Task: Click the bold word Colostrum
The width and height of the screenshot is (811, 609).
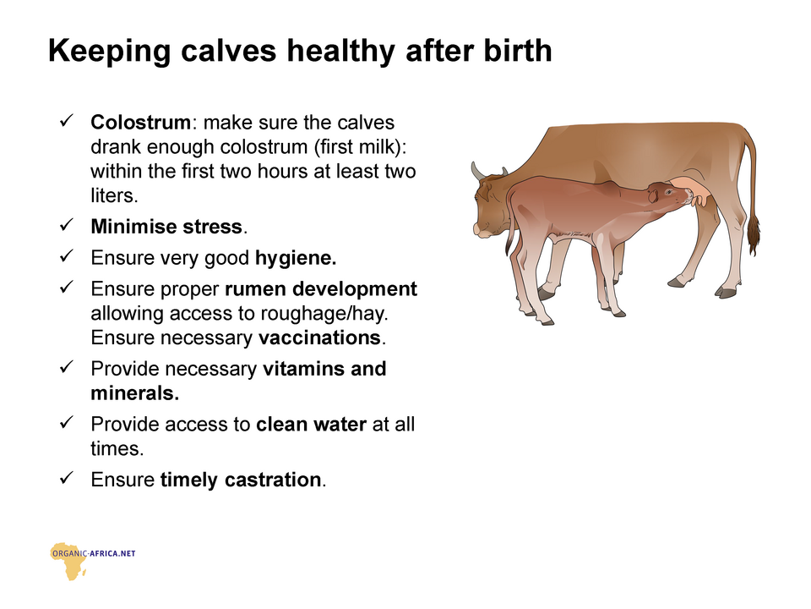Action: (140, 123)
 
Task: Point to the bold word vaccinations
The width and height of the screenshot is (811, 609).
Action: (319, 337)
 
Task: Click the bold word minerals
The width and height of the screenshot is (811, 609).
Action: (134, 393)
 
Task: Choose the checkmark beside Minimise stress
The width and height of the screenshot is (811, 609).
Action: (67, 225)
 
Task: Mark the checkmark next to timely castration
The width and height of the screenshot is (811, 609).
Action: (67, 477)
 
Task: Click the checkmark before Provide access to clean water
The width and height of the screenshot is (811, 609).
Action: (67, 422)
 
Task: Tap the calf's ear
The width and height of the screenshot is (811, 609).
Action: (653, 195)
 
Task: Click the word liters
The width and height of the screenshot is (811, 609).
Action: (114, 195)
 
